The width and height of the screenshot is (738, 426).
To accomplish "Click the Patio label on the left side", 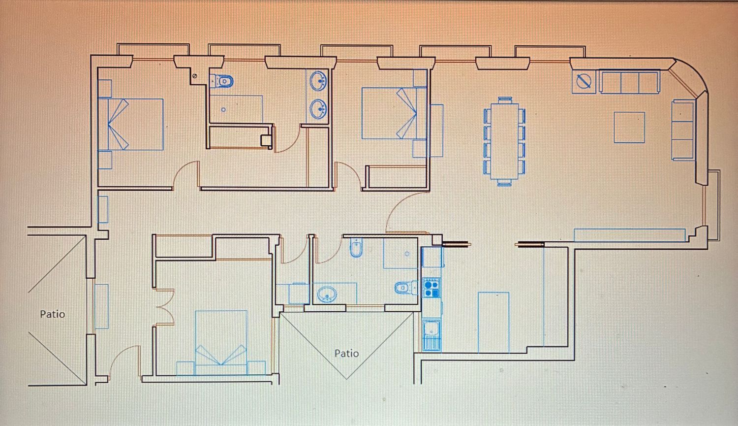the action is (x=52, y=314).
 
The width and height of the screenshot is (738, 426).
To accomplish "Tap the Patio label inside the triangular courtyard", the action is (x=346, y=354).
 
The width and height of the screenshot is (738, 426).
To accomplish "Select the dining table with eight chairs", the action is (x=504, y=141).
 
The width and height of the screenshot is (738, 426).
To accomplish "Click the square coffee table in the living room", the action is (x=629, y=127).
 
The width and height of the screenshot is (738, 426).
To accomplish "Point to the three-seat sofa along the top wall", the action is (x=630, y=82).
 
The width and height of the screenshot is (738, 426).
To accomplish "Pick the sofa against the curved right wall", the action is (x=683, y=130).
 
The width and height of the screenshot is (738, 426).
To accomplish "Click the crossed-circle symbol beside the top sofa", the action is (x=584, y=81).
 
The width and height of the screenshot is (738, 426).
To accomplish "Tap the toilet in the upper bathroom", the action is (x=222, y=81).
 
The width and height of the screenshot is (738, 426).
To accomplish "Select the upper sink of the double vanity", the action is (x=318, y=81).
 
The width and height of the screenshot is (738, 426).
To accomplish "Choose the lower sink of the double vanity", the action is (x=318, y=109).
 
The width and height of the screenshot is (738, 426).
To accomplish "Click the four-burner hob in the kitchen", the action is (x=431, y=288).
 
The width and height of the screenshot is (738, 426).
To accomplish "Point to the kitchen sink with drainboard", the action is (x=431, y=335).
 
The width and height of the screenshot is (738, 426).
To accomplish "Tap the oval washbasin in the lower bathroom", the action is (x=327, y=294).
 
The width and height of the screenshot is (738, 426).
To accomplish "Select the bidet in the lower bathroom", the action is (x=356, y=247).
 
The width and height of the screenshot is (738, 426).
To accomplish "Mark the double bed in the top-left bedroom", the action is (x=131, y=124).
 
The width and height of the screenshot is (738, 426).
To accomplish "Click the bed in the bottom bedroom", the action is (x=221, y=343).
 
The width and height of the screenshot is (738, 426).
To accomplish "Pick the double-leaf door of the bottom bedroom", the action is (x=165, y=307).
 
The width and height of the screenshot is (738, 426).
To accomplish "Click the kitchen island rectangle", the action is (x=493, y=323).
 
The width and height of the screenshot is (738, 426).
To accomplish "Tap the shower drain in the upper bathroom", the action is (x=223, y=110).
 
